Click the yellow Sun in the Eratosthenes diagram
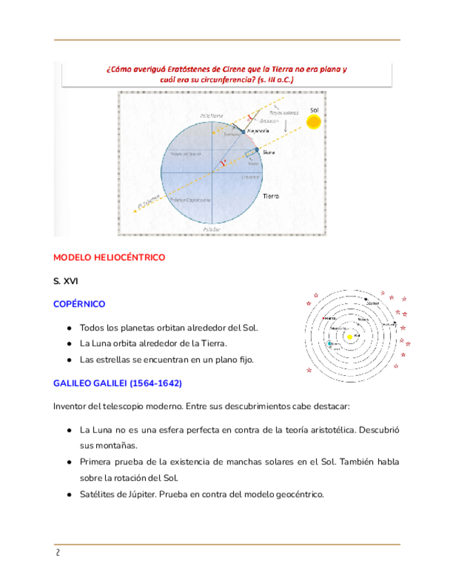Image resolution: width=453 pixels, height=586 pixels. tap(314, 122)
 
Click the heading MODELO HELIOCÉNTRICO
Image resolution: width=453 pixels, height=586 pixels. tap(109, 257)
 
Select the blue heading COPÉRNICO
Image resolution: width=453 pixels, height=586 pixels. tap(79, 304)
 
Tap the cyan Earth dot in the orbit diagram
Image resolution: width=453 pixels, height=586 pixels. tap(329, 343)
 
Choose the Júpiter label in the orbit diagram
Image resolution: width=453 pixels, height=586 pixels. tap(373, 303)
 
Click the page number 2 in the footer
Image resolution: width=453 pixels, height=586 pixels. tap(58, 553)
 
